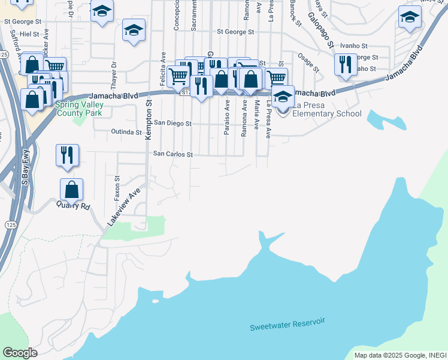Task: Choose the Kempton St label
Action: pos(149,120)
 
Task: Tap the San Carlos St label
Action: pos(172,154)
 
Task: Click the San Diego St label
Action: pos(172,123)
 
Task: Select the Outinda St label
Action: pos(126,132)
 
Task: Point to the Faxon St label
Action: pos(117,188)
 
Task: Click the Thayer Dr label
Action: pos(113,74)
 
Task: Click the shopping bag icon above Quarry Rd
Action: pos(71,190)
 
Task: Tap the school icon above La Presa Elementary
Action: pos(282,96)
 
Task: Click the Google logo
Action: pos(20,353)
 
